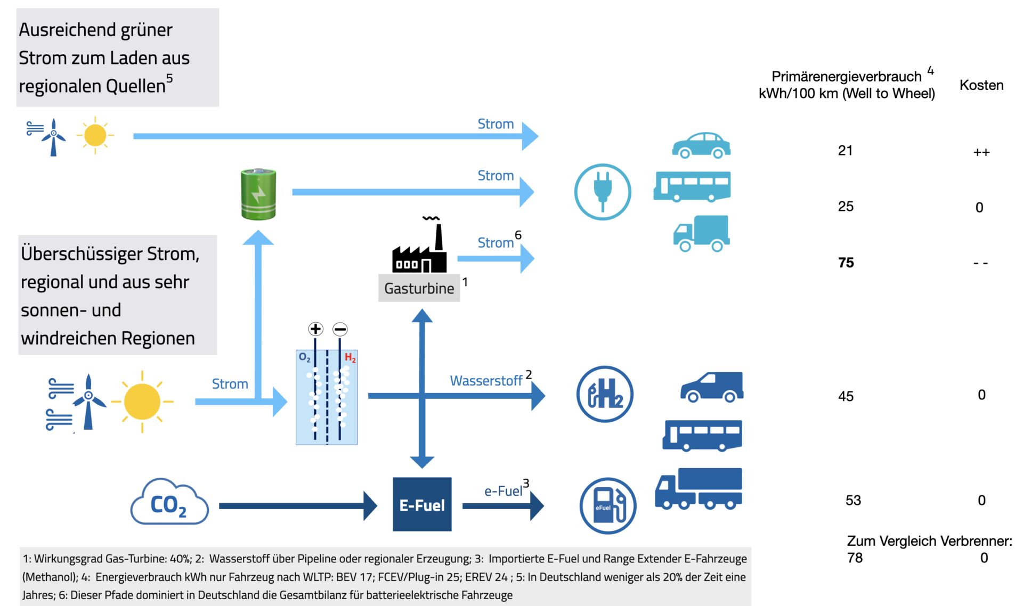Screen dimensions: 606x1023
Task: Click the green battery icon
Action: click(258, 194)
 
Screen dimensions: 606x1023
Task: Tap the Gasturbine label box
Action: click(419, 288)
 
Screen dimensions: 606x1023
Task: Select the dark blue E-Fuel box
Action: click(422, 504)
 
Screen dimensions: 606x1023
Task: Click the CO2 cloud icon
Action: click(169, 503)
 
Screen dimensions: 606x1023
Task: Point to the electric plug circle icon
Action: click(603, 192)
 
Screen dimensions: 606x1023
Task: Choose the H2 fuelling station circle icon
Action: click(605, 394)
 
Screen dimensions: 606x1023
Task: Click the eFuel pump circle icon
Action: click(608, 506)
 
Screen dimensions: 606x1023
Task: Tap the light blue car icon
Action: click(701, 145)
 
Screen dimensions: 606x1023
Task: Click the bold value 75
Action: click(846, 263)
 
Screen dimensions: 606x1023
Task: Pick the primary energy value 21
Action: click(845, 151)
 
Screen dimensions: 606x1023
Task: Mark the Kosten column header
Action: click(981, 85)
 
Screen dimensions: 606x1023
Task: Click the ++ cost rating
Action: click(981, 153)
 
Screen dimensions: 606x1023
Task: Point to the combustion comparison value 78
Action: click(855, 558)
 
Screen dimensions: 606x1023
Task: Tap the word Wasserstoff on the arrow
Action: click(486, 381)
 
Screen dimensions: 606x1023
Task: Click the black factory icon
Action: click(420, 248)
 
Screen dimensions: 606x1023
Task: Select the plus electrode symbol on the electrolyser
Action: click(315, 329)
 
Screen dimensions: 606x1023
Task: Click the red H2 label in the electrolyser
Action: click(350, 358)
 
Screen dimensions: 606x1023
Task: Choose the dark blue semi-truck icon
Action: click(699, 489)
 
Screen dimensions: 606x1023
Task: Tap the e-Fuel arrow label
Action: click(503, 491)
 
